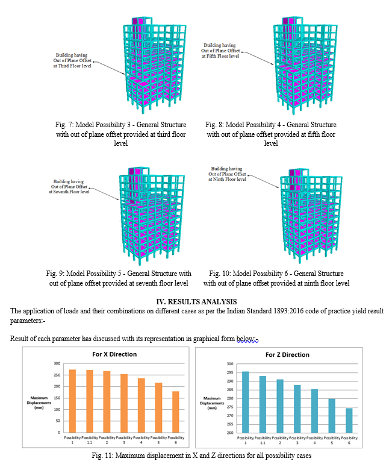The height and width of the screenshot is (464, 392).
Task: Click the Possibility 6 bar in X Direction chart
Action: [176, 412]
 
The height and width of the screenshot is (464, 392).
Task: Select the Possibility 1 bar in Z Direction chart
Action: [245, 402]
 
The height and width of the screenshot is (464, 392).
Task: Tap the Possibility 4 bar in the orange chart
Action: [142, 406]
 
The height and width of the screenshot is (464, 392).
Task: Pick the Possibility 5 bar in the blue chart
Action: [332, 416]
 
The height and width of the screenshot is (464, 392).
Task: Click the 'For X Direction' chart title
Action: [114, 354]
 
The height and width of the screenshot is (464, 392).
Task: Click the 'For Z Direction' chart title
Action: [287, 354]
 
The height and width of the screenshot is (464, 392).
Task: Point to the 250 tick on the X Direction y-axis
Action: [57, 375]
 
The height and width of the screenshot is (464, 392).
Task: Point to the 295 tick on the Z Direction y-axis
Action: [230, 372]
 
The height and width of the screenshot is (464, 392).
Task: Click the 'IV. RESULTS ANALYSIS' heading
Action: [196, 301]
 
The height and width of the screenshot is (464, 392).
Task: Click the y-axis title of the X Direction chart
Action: [39, 403]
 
